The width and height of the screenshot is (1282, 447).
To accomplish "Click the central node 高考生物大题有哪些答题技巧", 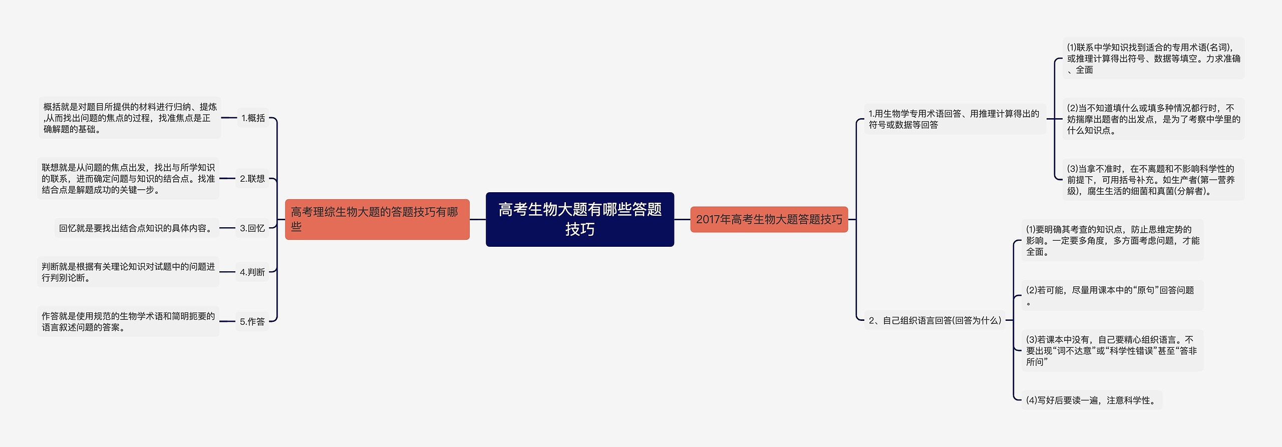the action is pyautogui.click(x=579, y=219).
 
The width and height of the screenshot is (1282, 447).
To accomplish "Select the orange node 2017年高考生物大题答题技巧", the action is pyautogui.click(x=769, y=219).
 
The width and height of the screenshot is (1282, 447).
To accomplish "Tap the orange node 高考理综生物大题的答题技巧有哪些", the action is pyautogui.click(x=377, y=219).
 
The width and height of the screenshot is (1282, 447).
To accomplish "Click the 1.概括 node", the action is pyautogui.click(x=253, y=118).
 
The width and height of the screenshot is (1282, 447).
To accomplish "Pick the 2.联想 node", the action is pyautogui.click(x=252, y=179).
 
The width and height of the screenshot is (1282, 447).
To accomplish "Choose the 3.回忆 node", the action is pyautogui.click(x=252, y=228).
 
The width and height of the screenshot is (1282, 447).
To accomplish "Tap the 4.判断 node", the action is pyautogui.click(x=252, y=272).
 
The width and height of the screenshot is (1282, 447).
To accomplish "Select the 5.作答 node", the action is pyautogui.click(x=252, y=321).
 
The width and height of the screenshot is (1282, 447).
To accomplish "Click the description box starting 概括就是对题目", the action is pyautogui.click(x=130, y=118).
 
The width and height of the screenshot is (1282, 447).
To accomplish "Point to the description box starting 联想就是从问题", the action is pyautogui.click(x=128, y=179).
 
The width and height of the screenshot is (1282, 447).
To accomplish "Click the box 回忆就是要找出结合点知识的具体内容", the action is pyautogui.click(x=136, y=228).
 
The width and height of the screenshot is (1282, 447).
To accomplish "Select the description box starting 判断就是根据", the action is pyautogui.click(x=128, y=272).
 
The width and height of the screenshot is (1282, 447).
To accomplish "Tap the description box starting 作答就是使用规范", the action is pyautogui.click(x=128, y=321).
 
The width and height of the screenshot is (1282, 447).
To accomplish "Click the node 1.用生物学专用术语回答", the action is pyautogui.click(x=954, y=119).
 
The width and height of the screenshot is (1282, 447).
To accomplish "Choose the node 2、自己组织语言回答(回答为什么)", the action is pyautogui.click(x=934, y=320).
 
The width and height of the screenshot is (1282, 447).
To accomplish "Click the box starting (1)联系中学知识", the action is pyautogui.click(x=1153, y=59).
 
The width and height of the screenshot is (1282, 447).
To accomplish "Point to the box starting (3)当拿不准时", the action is pyautogui.click(x=1153, y=180).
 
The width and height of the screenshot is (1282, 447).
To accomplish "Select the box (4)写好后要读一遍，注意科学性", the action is pyautogui.click(x=1091, y=400).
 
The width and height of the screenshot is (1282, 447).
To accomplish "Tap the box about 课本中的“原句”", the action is pyautogui.click(x=1112, y=296).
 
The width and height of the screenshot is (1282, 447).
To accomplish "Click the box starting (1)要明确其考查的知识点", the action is pyautogui.click(x=1112, y=240).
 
